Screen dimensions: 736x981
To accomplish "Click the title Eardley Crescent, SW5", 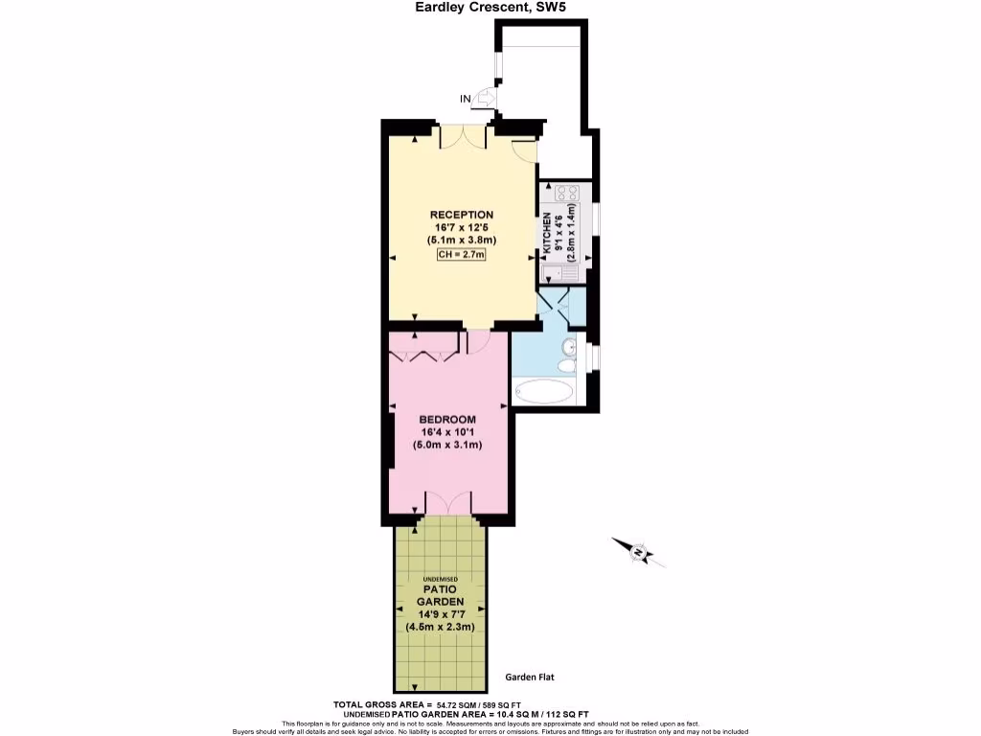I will pyautogui.click(x=490, y=9).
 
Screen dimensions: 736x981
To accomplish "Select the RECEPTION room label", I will pyautogui.click(x=461, y=215).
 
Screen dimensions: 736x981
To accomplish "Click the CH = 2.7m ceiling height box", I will pyautogui.click(x=461, y=255).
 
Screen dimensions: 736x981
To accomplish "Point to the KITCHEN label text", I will pyautogui.click(x=548, y=232).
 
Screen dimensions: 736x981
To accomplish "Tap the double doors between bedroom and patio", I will pyautogui.click(x=447, y=502).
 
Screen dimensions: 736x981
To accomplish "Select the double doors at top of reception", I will pyautogui.click(x=463, y=137).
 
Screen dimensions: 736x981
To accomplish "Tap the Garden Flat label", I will pyautogui.click(x=530, y=677).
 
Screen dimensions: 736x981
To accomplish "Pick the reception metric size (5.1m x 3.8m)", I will pyautogui.click(x=461, y=240).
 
